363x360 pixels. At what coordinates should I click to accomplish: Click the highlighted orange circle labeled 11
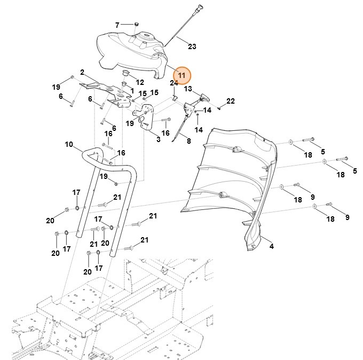(x=181, y=75)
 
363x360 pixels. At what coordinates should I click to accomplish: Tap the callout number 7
(x=118, y=25)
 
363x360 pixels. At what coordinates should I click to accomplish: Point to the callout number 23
(x=192, y=46)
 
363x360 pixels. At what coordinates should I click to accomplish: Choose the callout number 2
(x=82, y=72)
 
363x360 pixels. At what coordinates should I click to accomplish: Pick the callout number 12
(x=140, y=82)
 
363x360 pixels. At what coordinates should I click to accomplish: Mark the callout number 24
(x=173, y=83)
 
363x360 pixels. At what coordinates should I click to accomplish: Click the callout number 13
(x=188, y=89)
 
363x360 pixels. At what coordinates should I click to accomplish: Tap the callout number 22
(x=230, y=101)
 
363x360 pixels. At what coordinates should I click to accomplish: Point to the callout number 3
(x=158, y=139)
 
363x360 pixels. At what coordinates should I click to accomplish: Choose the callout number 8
(x=188, y=140)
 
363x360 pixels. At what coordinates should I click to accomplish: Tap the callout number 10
(x=69, y=144)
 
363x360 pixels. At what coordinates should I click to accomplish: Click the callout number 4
(x=271, y=246)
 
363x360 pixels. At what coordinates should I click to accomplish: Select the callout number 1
(x=131, y=91)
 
